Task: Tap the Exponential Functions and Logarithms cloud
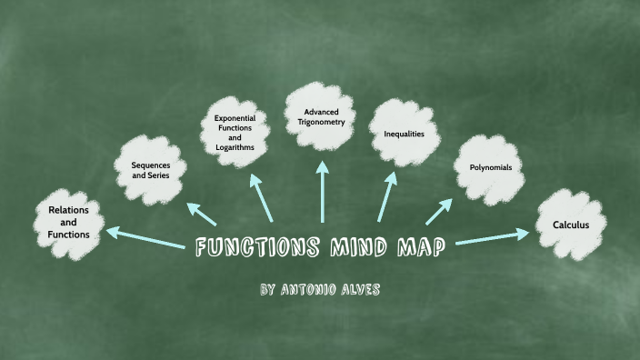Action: tap(235, 133)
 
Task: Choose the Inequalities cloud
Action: tap(403, 135)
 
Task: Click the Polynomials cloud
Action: tap(490, 169)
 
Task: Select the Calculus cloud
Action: tap(572, 225)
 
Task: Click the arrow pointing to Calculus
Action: tap(492, 237)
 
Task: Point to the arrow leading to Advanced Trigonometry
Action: tap(323, 192)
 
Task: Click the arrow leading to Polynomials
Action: tap(439, 211)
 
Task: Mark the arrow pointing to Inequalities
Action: tap(386, 195)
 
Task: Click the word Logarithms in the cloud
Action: tap(235, 146)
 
